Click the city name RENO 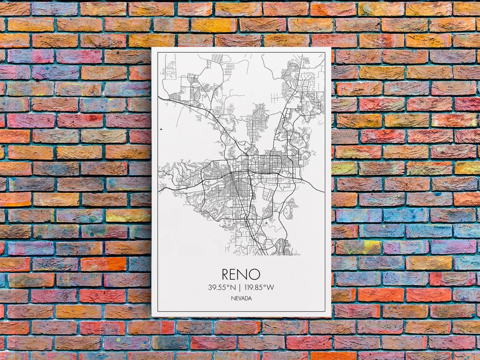tap(241, 274)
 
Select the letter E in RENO tap(236, 274)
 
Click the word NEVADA tap(241, 298)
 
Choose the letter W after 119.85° tap(271, 287)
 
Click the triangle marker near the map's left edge tap(160, 129)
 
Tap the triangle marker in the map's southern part tap(266, 223)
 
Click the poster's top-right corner tap(331, 48)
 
